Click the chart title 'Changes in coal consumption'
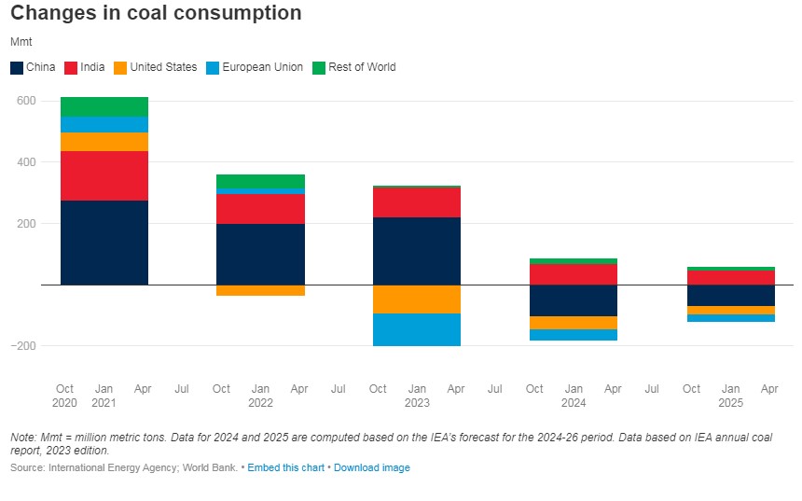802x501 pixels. [x=156, y=13]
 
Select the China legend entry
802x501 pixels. [x=33, y=67]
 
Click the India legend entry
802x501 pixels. [x=85, y=67]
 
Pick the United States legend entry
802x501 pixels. [x=155, y=67]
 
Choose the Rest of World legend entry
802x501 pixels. [x=353, y=67]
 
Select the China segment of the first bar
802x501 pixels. [x=104, y=243]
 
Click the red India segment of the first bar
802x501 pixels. [x=104, y=175]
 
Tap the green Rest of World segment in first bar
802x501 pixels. [x=104, y=106]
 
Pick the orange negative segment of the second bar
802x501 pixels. [x=260, y=290]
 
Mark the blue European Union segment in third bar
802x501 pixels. [x=416, y=329]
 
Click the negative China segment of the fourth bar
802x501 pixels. [x=573, y=300]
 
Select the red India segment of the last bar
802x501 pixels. [x=730, y=277]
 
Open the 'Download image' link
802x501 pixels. [x=371, y=467]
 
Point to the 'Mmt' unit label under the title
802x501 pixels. [x=21, y=42]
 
